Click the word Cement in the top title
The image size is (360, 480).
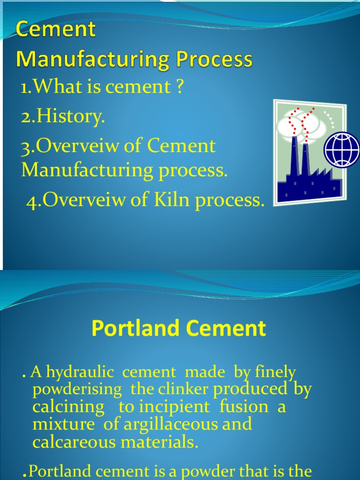click(56, 30)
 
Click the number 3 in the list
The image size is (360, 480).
click(26, 147)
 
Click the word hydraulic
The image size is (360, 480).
click(79, 373)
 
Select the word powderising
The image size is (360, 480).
click(77, 390)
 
